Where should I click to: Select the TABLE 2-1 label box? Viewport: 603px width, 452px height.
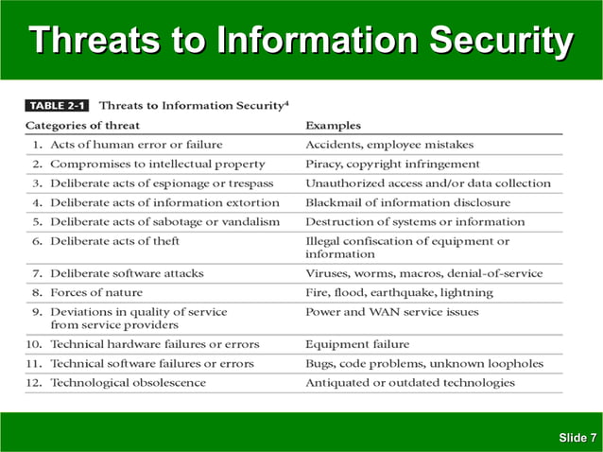click(x=57, y=105)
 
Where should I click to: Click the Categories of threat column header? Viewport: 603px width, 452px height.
click(x=82, y=125)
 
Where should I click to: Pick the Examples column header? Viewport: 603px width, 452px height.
click(x=333, y=125)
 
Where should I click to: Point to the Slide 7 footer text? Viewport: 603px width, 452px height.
click(x=577, y=437)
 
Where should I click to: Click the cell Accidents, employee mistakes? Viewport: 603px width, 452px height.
click(x=389, y=145)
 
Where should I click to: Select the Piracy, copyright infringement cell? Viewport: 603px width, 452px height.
click(x=392, y=164)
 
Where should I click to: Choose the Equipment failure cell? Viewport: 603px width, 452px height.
click(x=357, y=344)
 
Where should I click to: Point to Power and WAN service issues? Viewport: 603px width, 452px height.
click(x=392, y=311)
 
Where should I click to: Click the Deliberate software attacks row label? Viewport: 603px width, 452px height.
click(x=127, y=273)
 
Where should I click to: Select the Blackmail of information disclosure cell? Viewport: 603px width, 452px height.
click(x=407, y=202)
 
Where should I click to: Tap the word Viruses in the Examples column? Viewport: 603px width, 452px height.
click(x=327, y=273)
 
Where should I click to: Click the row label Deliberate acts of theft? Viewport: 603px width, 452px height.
click(x=116, y=241)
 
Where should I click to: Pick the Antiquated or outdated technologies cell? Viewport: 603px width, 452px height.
click(x=410, y=382)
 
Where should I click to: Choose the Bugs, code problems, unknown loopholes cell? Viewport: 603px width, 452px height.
click(x=424, y=363)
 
